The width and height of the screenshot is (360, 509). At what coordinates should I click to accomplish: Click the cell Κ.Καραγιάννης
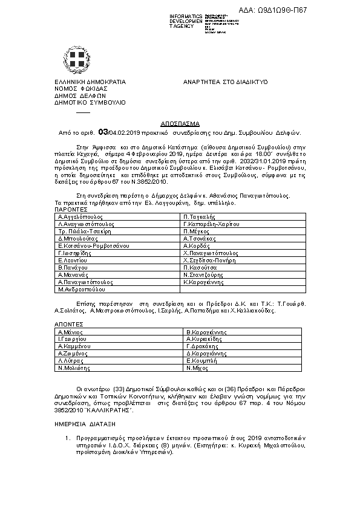[x=204, y=282]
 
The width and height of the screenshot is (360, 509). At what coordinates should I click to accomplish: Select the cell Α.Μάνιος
[x=71, y=332]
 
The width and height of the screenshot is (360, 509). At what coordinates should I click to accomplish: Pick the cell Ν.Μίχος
[x=197, y=368]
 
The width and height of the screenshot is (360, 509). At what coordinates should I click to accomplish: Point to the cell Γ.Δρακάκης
[x=202, y=346]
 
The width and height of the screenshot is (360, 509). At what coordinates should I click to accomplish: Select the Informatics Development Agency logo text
[x=186, y=20]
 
